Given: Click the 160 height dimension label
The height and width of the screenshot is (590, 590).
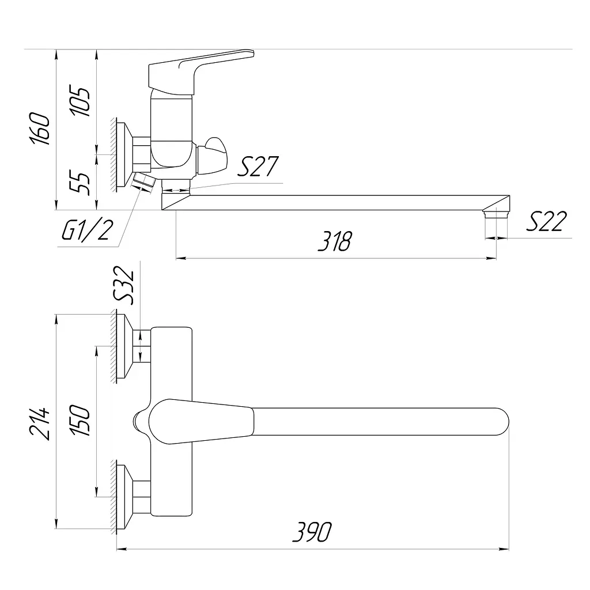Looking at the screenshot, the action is [40, 128].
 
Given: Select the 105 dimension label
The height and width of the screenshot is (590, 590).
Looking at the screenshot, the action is [80, 101].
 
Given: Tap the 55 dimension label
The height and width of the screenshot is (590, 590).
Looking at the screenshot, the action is [80, 183].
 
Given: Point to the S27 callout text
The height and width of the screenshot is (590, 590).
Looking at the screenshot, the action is [258, 167].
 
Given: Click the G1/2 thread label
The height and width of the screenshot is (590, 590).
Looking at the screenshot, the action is [88, 230].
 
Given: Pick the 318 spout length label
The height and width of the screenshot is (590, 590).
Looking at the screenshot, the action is [335, 241].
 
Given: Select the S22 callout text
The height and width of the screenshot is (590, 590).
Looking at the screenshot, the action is [546, 221].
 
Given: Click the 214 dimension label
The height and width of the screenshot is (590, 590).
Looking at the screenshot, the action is [40, 423].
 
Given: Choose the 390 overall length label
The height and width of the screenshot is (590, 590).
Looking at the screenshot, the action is [312, 532].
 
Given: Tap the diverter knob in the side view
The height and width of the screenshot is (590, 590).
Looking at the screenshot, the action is [212, 156].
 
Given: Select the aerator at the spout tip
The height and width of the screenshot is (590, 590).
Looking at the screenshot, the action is [496, 214].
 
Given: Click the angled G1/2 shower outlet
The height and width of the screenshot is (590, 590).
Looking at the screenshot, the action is [143, 183].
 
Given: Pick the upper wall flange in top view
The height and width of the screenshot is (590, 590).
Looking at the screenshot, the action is [125, 346].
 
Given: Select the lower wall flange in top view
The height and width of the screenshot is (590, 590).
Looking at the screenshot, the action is [125, 497].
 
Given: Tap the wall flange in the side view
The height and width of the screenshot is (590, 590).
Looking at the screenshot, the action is [125, 154].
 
